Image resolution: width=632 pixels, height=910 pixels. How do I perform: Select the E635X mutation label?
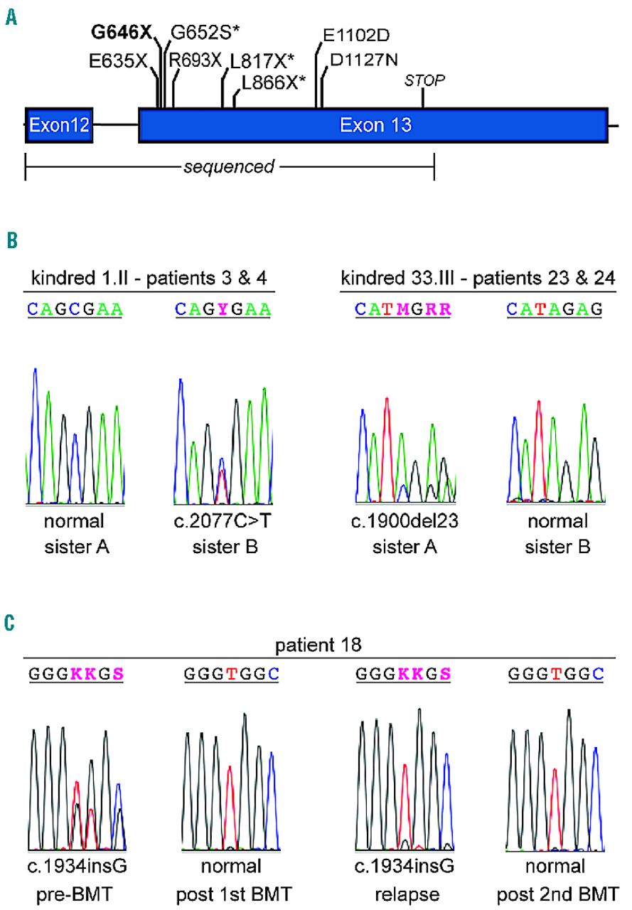pyautogui.click(x=118, y=61)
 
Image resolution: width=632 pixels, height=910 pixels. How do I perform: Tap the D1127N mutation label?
pyautogui.click(x=363, y=61)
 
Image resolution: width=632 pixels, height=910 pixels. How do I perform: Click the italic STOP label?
pyautogui.click(x=424, y=80)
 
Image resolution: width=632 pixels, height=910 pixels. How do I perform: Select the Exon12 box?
pyautogui.click(x=59, y=126)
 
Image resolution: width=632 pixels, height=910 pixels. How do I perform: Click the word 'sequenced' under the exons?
pyautogui.click(x=229, y=167)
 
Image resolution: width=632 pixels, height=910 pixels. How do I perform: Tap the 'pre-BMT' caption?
pyautogui.click(x=77, y=889)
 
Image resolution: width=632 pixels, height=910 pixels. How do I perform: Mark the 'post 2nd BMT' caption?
pyautogui.click(x=559, y=889)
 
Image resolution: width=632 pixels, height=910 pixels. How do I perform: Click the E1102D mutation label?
pyautogui.click(x=356, y=35)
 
